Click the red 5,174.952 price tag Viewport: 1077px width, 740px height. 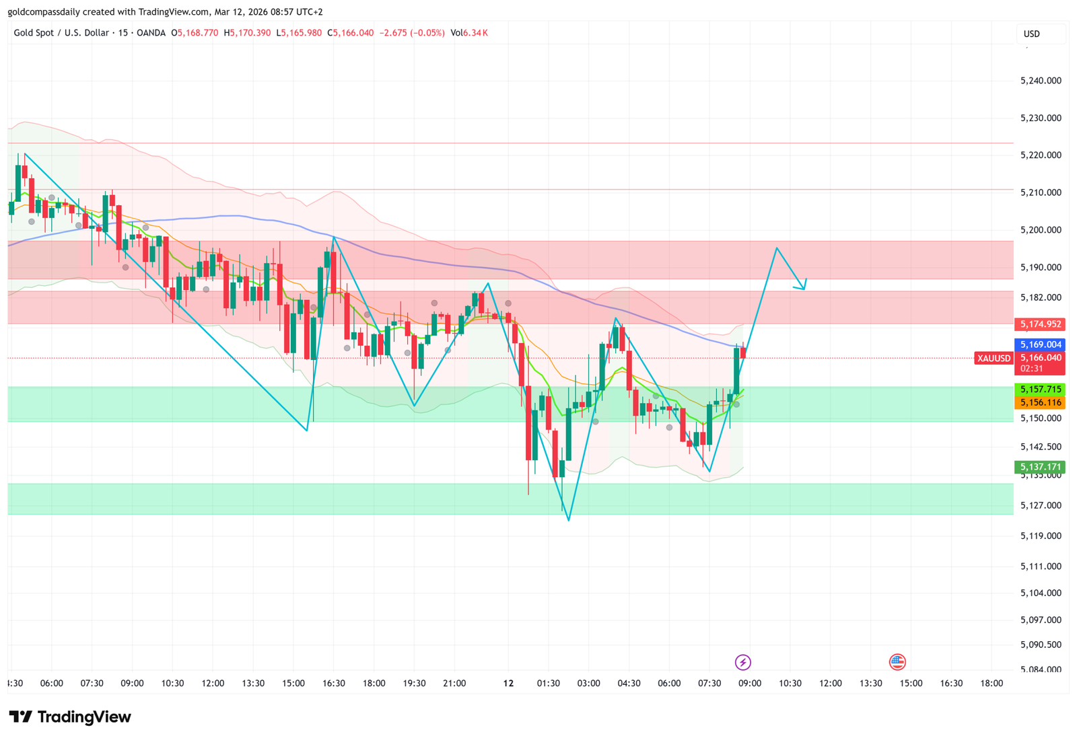click(1040, 324)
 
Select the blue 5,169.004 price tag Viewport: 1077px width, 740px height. click(1040, 344)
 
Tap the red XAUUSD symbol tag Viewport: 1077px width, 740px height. click(994, 359)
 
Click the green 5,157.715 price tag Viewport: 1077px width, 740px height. click(1040, 389)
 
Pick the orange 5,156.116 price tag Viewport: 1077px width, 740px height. click(1040, 402)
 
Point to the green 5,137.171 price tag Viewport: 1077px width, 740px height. click(1040, 467)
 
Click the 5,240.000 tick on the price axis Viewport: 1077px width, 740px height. click(1041, 81)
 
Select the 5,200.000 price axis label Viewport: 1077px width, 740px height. click(1041, 230)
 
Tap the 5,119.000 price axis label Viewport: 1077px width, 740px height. click(1041, 536)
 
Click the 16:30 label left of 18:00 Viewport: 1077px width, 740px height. click(334, 683)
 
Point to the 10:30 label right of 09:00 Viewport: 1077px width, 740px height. click(790, 683)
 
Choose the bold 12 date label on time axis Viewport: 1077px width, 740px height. click(508, 683)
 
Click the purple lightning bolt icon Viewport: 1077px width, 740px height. click(742, 663)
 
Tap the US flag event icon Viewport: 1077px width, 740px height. click(897, 662)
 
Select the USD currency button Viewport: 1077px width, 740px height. click(1032, 34)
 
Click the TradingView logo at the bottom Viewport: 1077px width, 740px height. click(70, 717)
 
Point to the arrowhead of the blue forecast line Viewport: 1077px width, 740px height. click(803, 288)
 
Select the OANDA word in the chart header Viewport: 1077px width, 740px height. click(151, 33)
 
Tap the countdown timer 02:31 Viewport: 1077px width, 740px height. click(1031, 369)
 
